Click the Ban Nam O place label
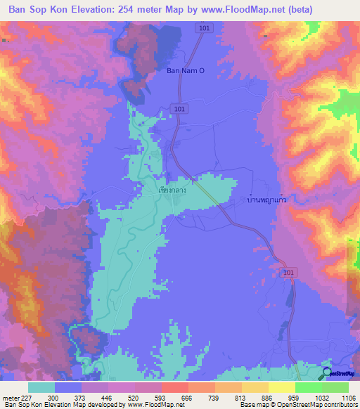[184, 70]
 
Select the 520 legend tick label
[149, 398]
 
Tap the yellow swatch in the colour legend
[281, 387]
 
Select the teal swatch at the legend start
[41, 387]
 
